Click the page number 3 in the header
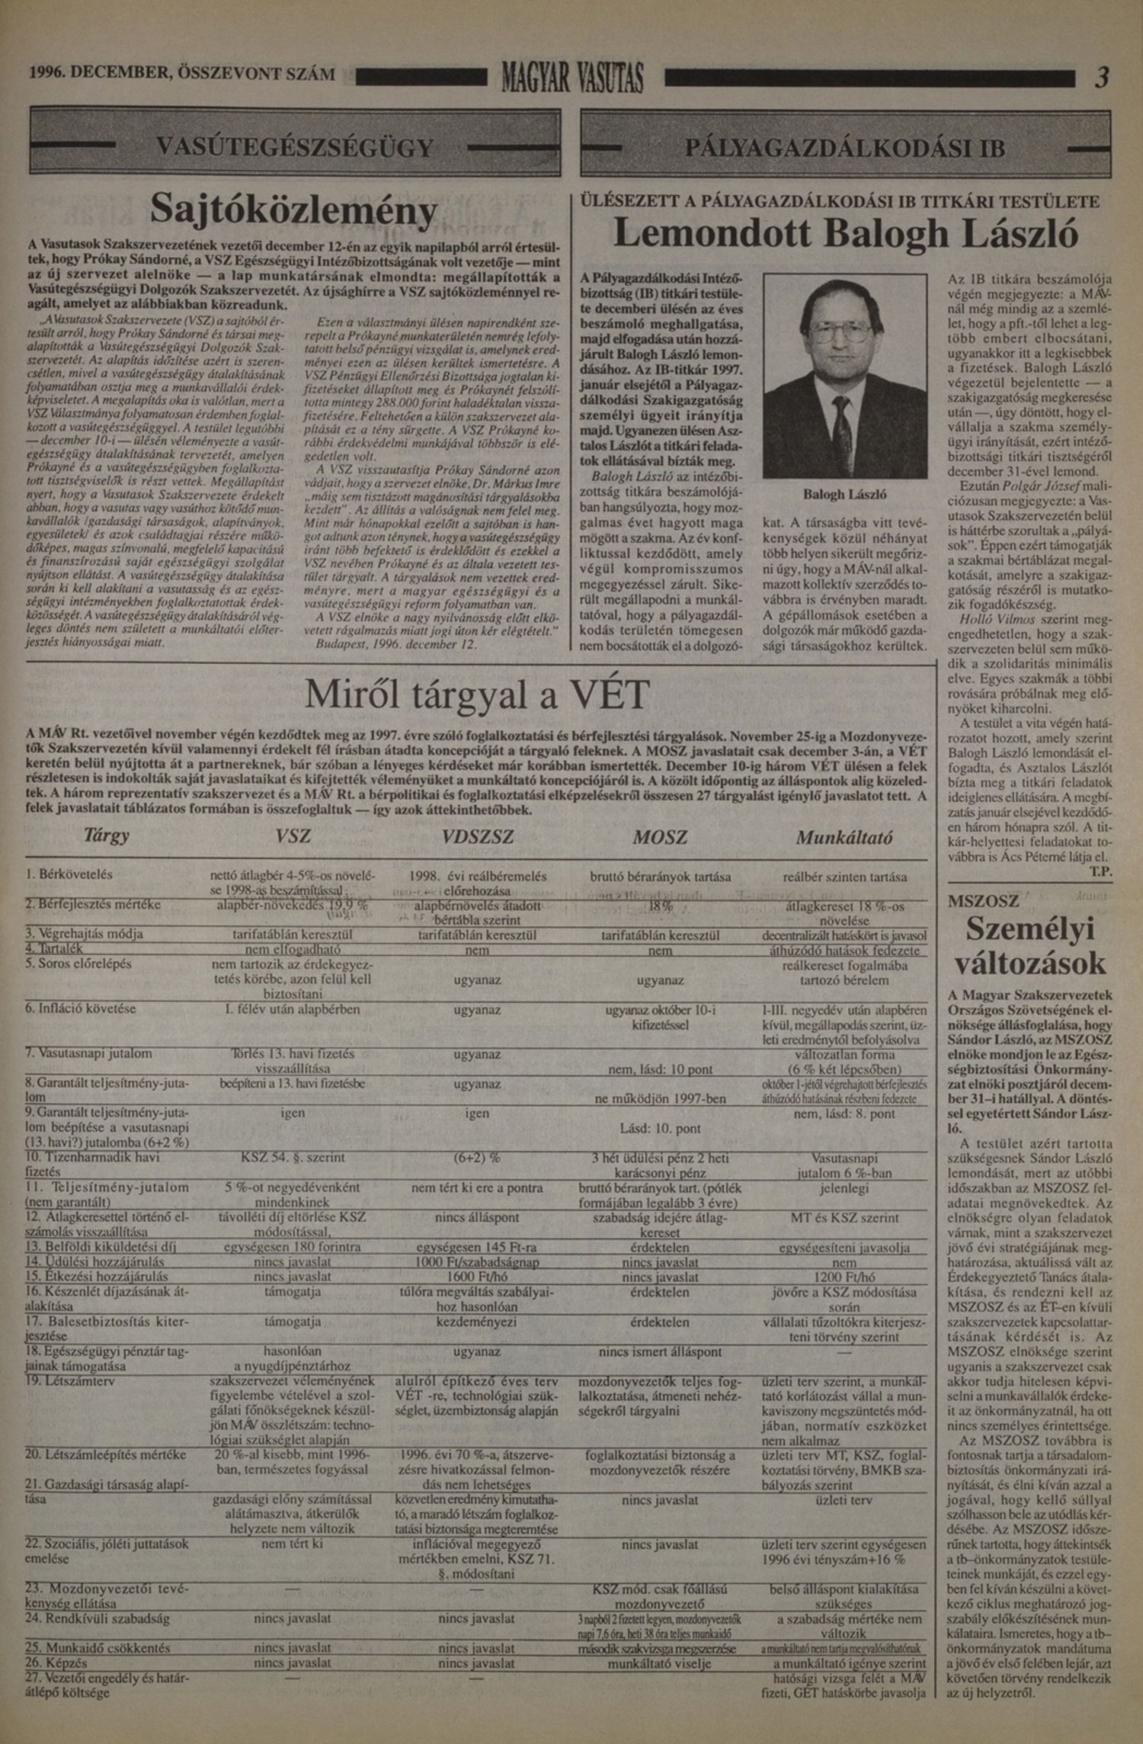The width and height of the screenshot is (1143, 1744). (1100, 77)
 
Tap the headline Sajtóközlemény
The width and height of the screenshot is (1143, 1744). (294, 208)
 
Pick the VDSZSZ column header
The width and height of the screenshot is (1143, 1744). (478, 837)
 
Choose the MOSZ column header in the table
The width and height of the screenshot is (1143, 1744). (660, 837)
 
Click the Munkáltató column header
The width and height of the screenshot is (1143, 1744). (844, 838)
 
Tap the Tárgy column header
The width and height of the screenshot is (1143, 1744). (106, 835)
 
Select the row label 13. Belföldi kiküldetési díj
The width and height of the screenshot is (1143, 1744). (101, 1247)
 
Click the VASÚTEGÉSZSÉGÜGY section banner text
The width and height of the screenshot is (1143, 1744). (294, 146)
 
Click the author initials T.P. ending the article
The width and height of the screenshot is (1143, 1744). (1100, 871)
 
